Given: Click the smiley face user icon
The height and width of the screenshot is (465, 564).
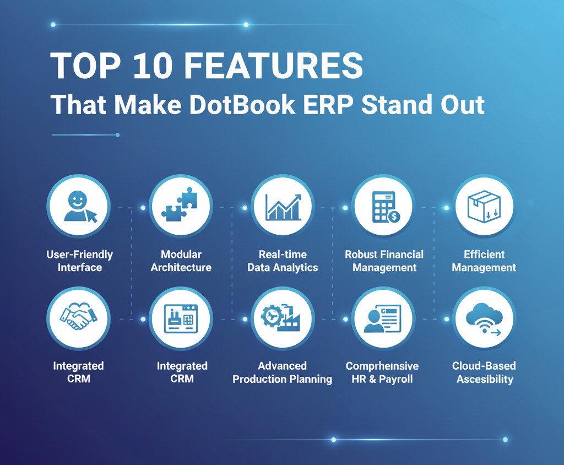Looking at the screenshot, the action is tap(80, 207).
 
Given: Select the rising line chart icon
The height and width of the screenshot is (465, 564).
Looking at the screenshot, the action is tap(283, 207).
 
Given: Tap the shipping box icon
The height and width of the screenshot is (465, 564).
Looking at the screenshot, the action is tap(484, 206).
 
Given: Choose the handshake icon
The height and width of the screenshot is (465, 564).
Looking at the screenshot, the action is tap(78, 317).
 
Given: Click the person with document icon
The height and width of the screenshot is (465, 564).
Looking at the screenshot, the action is tap(383, 318).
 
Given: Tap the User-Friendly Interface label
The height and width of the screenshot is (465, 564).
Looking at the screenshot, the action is tap(79, 261).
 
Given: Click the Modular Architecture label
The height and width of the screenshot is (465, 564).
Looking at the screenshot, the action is tap(181, 261).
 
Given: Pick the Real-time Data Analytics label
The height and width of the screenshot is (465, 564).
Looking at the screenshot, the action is tap(283, 261).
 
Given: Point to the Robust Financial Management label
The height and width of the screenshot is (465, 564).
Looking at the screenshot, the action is tap(384, 261).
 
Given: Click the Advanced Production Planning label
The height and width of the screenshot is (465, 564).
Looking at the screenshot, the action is tap(283, 372).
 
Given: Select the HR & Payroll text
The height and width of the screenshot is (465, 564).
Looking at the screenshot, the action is tap(382, 379).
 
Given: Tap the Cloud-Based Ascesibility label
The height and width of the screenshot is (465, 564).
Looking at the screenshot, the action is tap(484, 372).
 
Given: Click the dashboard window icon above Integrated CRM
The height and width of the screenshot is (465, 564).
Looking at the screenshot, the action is tap(181, 318).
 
